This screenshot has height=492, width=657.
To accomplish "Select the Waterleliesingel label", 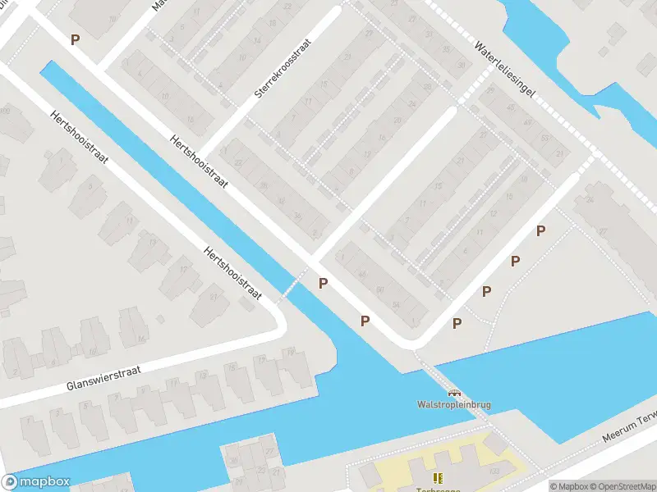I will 504,71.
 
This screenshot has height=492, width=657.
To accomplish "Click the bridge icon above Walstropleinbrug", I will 453,393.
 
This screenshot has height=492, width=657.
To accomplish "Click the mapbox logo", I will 37,482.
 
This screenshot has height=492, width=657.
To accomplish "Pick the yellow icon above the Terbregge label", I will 437,478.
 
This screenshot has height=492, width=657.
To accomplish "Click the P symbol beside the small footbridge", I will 324,284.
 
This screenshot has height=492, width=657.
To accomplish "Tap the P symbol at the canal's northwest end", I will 76,39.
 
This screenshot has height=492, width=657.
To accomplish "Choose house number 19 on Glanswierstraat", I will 289,352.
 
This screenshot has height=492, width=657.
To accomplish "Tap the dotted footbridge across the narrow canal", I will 292,284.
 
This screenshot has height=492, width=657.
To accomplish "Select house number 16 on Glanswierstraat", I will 141,338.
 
